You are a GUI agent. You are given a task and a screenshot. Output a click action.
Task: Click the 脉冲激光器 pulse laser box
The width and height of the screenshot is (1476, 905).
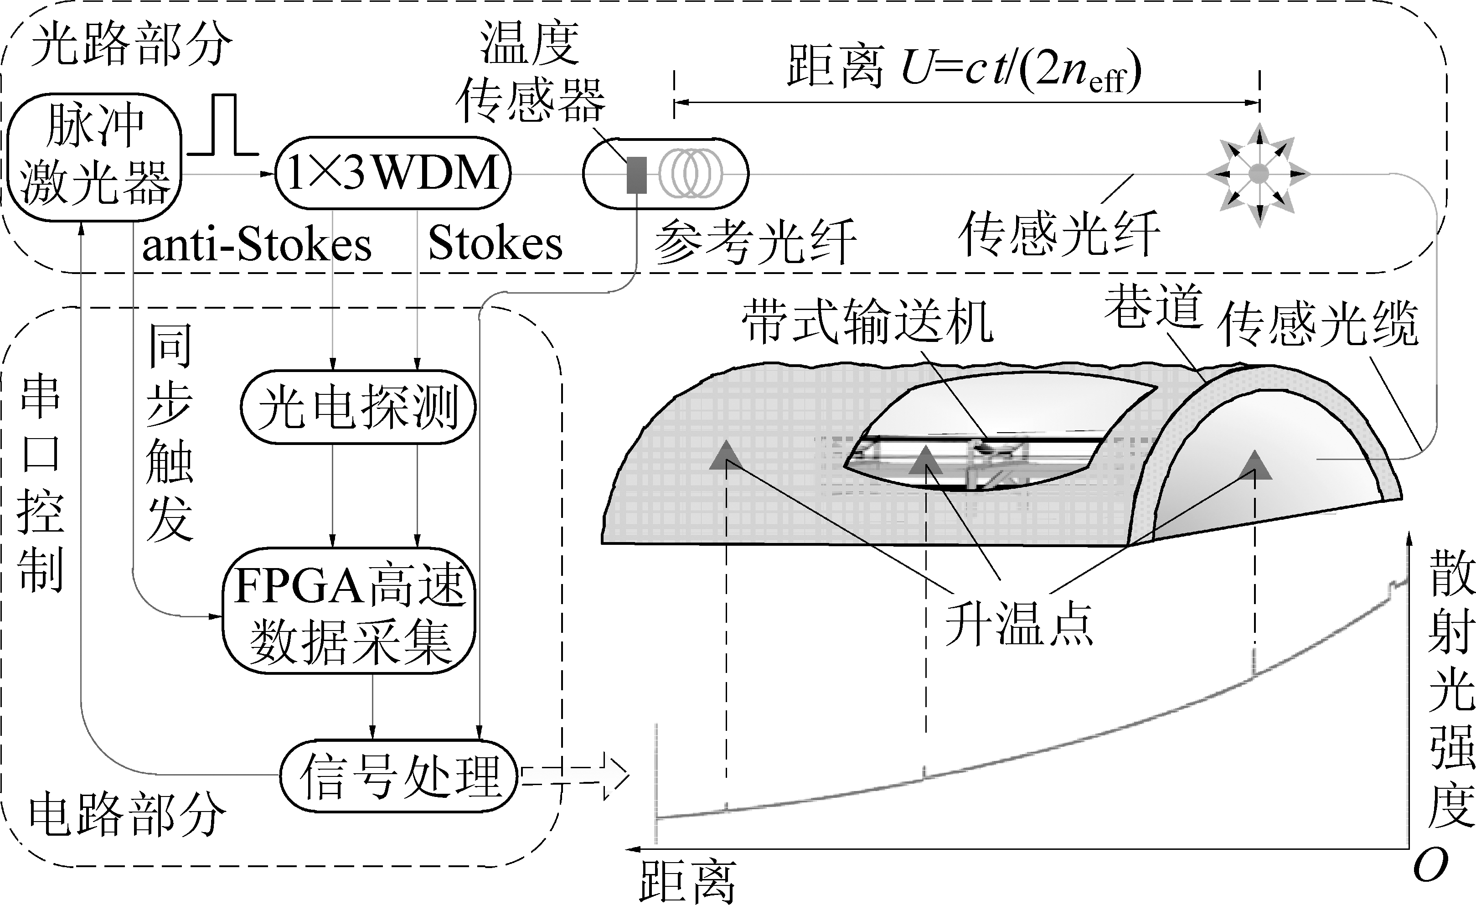click(94, 157)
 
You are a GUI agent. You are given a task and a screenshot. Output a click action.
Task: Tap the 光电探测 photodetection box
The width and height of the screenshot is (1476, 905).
click(358, 407)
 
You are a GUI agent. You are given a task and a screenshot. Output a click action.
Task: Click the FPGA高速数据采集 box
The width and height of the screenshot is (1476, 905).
click(349, 611)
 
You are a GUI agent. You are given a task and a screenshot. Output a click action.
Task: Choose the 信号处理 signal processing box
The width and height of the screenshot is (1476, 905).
click(399, 776)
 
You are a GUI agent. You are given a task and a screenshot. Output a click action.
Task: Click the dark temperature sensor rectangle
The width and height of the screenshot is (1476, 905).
click(637, 175)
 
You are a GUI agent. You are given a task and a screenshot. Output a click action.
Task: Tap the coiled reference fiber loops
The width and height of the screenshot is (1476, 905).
click(691, 174)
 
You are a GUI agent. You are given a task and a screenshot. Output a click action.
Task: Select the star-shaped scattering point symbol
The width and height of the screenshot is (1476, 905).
click(1259, 174)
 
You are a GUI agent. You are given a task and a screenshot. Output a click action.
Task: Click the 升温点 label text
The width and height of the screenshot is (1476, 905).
click(1018, 624)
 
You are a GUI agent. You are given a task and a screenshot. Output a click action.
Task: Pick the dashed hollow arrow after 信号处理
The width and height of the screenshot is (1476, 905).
click(575, 775)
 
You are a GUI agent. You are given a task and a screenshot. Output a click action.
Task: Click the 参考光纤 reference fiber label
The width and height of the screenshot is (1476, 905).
click(755, 242)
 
